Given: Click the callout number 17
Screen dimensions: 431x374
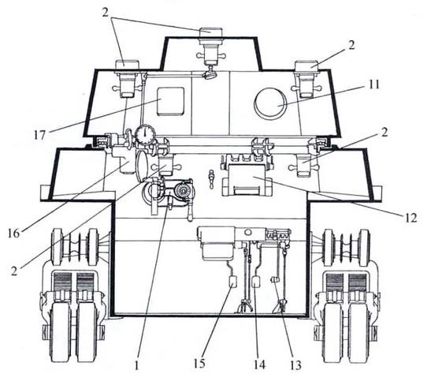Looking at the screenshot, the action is tap(39, 135).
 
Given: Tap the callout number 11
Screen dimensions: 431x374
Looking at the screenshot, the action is tap(373, 84).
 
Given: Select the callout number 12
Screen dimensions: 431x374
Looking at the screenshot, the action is tap(411, 218).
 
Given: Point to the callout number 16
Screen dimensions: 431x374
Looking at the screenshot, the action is tap(13, 234).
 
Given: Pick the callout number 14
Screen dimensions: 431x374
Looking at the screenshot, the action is tap(259, 365).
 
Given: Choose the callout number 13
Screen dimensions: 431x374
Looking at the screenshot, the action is tap(295, 365).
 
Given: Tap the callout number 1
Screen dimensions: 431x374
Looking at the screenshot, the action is tap(136, 365).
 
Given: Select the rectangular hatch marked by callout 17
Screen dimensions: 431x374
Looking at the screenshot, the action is tap(170, 101).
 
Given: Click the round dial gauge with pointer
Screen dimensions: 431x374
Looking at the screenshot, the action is tap(145, 135).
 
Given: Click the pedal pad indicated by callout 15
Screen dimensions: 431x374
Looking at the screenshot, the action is tap(232, 282).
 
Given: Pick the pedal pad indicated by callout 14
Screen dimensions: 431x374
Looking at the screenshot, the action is tap(255, 282).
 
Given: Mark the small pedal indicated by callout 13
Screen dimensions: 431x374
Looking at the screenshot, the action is tap(275, 280).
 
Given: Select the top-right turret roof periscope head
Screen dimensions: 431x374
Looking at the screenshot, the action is tap(307, 66).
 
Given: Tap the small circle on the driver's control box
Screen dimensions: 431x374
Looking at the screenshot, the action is tap(248, 232).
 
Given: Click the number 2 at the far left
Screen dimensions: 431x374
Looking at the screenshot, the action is tap(14, 271).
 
